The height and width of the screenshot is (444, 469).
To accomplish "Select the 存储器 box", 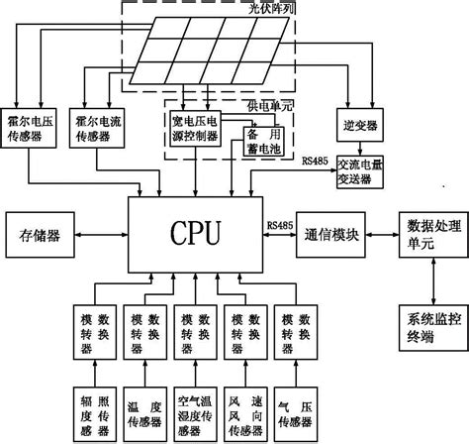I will pyautogui.click(x=40, y=237).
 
